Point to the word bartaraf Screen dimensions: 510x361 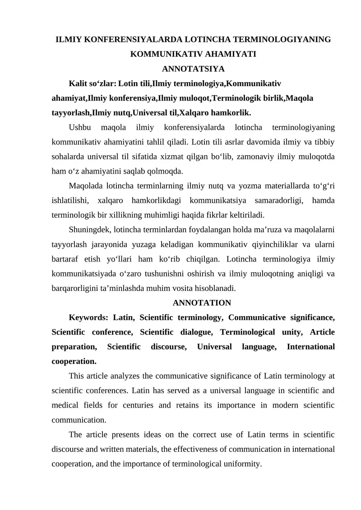pyautogui.click(x=66, y=258)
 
